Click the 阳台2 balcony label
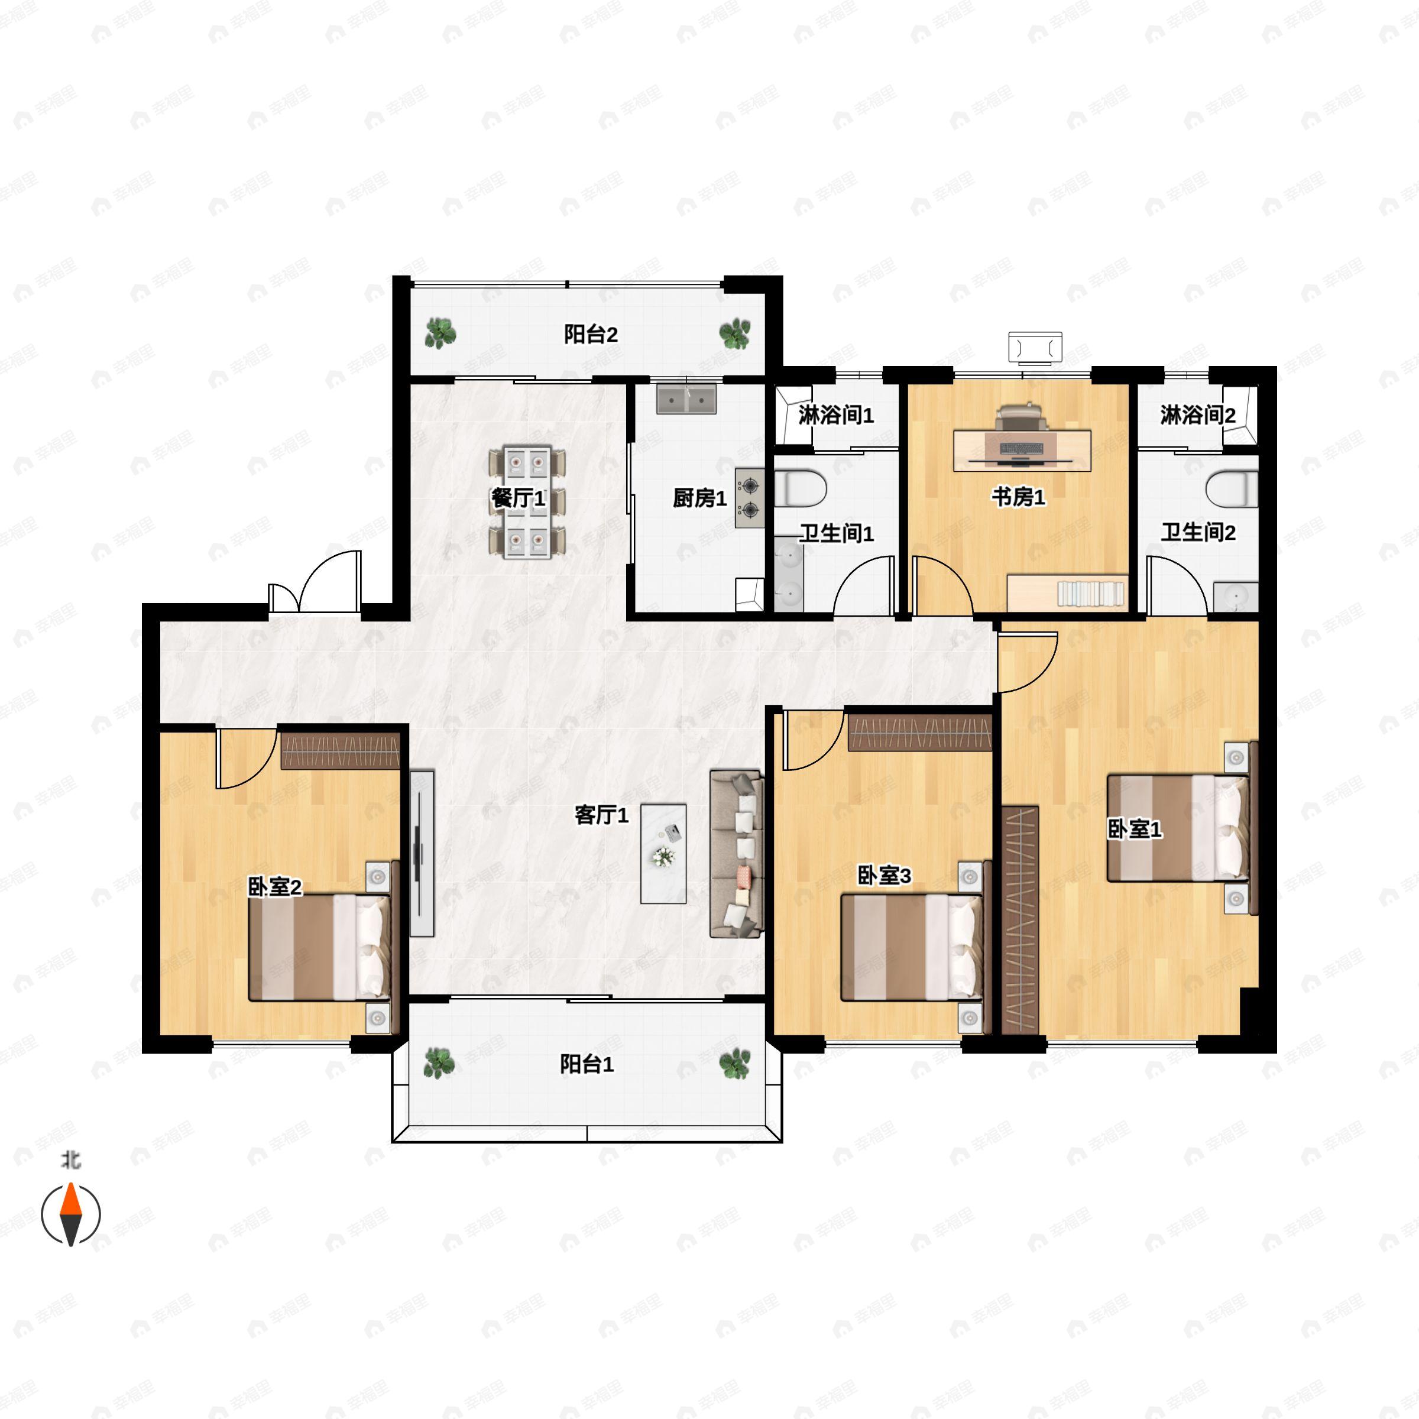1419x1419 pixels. [591, 335]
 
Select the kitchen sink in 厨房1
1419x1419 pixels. [686, 400]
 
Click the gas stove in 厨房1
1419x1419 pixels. [749, 498]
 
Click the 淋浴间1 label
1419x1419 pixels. [836, 416]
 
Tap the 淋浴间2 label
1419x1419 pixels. [1197, 416]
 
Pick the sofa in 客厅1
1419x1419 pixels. [736, 853]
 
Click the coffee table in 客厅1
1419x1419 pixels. [663, 853]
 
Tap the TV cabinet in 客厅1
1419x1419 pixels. [422, 853]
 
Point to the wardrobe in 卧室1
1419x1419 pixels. [1020, 919]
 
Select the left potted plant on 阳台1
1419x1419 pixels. [439, 1063]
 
